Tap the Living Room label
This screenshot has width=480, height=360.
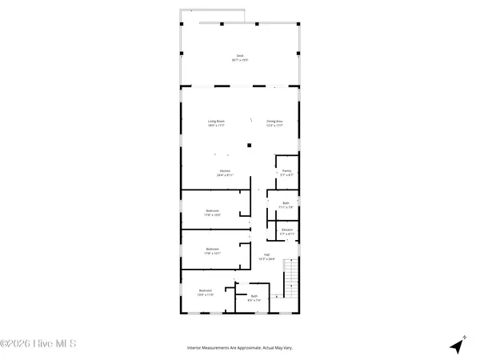[216, 122]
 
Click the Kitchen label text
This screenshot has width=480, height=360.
[225, 170]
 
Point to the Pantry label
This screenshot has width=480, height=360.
[286, 170]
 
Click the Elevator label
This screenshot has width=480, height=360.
[286, 230]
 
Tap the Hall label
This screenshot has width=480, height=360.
[266, 255]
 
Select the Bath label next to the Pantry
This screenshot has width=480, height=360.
[286, 202]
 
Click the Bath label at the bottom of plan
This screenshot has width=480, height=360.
[254, 296]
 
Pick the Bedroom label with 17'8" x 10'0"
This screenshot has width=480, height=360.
[212, 211]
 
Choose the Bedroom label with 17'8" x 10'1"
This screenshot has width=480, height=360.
[212, 250]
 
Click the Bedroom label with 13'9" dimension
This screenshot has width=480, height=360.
[206, 291]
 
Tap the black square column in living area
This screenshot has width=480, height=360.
[250, 145]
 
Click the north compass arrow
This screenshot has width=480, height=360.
[458, 345]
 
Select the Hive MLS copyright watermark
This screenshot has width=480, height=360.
[38, 345]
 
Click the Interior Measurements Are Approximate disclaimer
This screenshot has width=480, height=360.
[240, 348]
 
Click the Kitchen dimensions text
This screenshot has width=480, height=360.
[225, 175]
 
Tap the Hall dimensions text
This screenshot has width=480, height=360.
[266, 259]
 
